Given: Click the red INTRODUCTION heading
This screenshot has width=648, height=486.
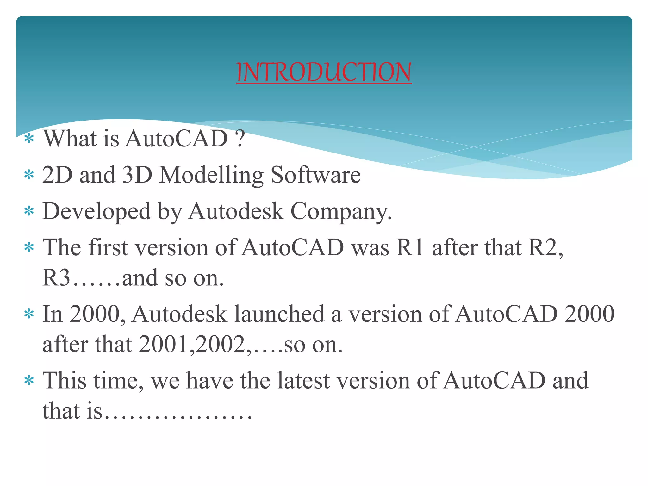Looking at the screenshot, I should click(x=324, y=72).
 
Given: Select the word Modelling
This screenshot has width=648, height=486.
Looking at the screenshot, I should click(x=211, y=175).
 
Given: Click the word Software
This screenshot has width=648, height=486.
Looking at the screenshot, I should click(x=315, y=175).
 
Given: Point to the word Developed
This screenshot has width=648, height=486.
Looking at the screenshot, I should click(x=97, y=211).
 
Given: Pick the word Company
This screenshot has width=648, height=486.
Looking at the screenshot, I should click(x=341, y=211).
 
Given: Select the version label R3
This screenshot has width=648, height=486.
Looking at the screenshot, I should click(x=56, y=277).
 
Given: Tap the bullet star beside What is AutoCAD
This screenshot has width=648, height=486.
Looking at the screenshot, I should click(x=29, y=139).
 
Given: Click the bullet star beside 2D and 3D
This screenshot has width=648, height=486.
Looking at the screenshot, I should click(x=29, y=175).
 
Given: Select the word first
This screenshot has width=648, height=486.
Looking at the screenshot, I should click(x=108, y=247).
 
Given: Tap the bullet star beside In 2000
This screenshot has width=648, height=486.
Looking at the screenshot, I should click(x=29, y=314).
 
